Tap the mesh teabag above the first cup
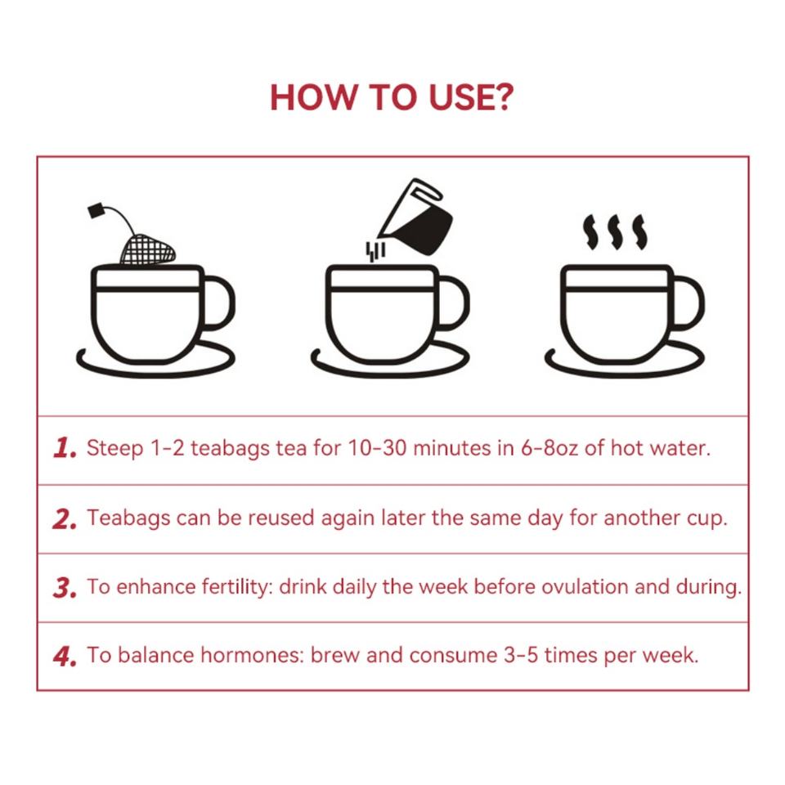[148, 249]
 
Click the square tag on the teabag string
[96, 210]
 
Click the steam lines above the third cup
[615, 232]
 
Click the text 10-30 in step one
[377, 447]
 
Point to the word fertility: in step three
[237, 587]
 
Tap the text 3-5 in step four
[521, 655]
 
